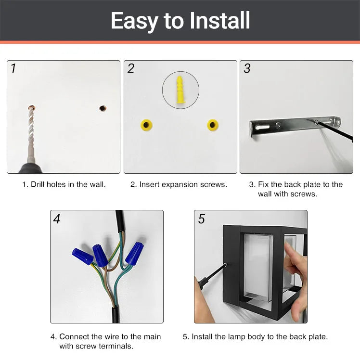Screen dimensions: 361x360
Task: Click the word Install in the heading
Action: [220, 21]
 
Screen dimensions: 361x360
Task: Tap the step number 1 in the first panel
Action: [13, 69]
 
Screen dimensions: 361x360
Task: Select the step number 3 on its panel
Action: [247, 69]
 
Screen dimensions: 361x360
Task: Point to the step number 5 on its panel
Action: [201, 219]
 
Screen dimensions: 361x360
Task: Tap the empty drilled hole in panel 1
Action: [103, 108]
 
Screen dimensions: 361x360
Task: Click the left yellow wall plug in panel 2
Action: [147, 126]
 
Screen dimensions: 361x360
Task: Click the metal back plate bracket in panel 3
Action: [289, 126]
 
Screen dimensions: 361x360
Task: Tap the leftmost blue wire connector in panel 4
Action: [83, 257]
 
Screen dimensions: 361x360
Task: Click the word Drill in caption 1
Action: [40, 184]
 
